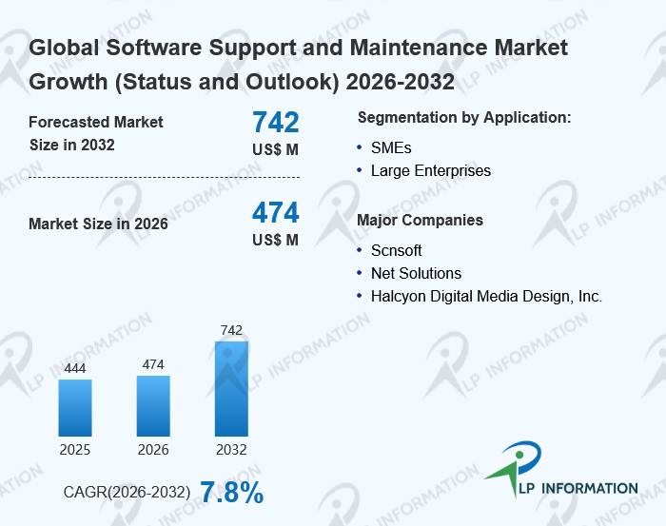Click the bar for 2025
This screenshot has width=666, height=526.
tap(75, 407)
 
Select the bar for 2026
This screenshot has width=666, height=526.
tap(153, 405)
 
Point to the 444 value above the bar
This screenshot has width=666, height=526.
tap(75, 368)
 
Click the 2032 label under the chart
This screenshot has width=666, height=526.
tap(231, 450)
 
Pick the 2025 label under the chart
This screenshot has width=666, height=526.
tap(75, 450)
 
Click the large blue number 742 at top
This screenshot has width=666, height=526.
tap(276, 122)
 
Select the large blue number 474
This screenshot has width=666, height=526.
tap(276, 212)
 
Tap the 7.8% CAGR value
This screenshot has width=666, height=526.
tap(231, 492)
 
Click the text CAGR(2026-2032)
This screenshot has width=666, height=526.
tap(127, 493)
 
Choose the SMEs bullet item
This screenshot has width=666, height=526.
tap(391, 147)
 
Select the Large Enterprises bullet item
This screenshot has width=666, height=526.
tap(431, 171)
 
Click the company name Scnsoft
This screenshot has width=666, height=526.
tap(397, 250)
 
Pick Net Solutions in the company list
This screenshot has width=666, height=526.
tap(416, 273)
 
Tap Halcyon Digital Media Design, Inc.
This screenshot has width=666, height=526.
tap(486, 296)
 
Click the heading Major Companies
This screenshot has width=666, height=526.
tap(420, 221)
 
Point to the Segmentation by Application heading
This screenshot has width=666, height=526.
tap(464, 118)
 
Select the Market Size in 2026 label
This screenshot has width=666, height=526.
tap(99, 224)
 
